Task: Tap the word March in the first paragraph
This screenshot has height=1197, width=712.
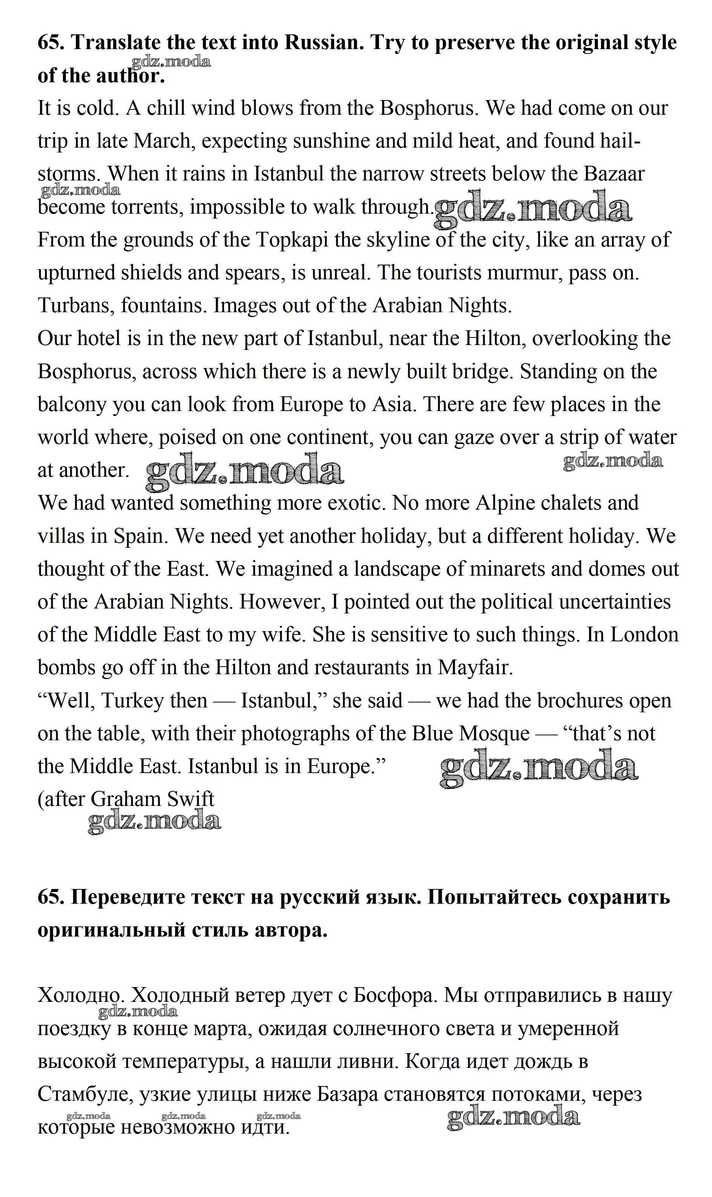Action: [161, 142]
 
